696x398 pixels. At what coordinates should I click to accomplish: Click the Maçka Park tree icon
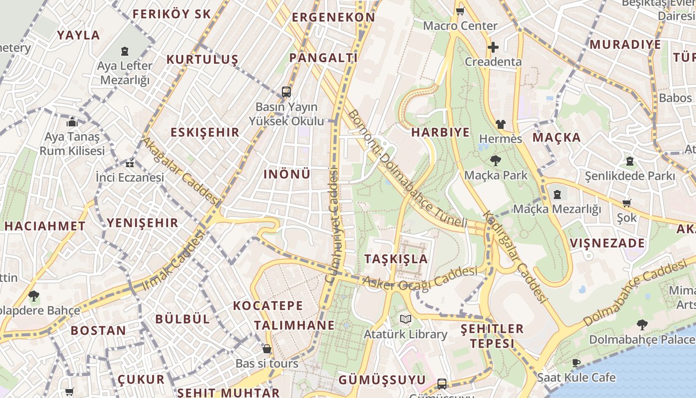(495, 161)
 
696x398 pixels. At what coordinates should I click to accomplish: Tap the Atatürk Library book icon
(406, 319)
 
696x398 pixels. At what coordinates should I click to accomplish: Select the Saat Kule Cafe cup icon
(576, 363)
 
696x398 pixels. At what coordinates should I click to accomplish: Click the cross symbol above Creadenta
(493, 47)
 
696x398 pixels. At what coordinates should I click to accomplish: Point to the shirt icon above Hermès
(500, 124)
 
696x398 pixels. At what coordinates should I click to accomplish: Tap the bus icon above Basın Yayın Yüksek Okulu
(286, 92)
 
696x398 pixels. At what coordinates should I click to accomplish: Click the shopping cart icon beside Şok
(626, 203)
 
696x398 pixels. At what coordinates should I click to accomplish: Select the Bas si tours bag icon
(267, 349)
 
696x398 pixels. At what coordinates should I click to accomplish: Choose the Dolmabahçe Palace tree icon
(642, 325)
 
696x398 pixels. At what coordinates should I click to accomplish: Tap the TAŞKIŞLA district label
(396, 259)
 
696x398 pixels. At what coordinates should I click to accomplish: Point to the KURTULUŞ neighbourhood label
(202, 60)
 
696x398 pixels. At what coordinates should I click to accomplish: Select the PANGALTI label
(324, 58)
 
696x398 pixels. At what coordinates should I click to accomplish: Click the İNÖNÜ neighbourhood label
(287, 174)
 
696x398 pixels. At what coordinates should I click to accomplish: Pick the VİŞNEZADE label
(608, 243)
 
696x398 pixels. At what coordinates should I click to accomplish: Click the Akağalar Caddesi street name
(180, 171)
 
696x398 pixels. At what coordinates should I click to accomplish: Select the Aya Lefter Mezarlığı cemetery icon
(124, 51)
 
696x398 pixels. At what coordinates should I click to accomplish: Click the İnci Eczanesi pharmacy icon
(130, 163)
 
